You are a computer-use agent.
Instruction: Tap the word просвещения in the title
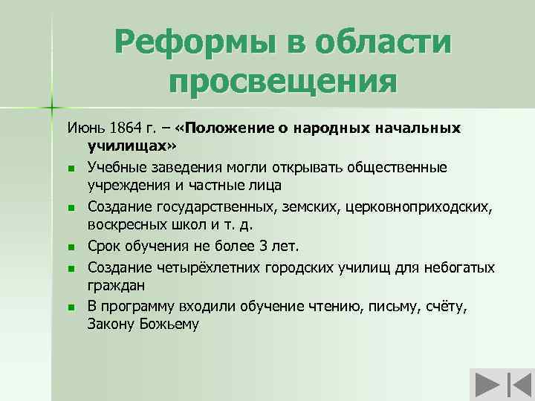(x=282, y=80)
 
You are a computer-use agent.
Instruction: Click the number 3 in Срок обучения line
(x=276, y=245)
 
